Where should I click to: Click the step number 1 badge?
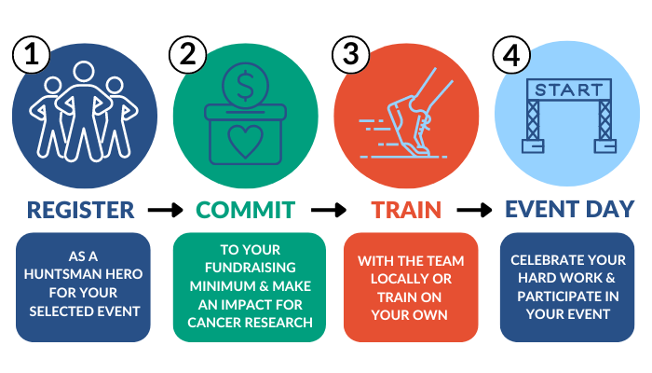pos(32,57)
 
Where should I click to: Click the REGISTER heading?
pos(81,210)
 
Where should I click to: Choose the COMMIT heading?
pos(246,210)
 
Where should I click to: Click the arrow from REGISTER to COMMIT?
pos(165,211)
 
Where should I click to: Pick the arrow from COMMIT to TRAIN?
pos(327,211)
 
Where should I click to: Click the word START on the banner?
pos(567,92)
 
